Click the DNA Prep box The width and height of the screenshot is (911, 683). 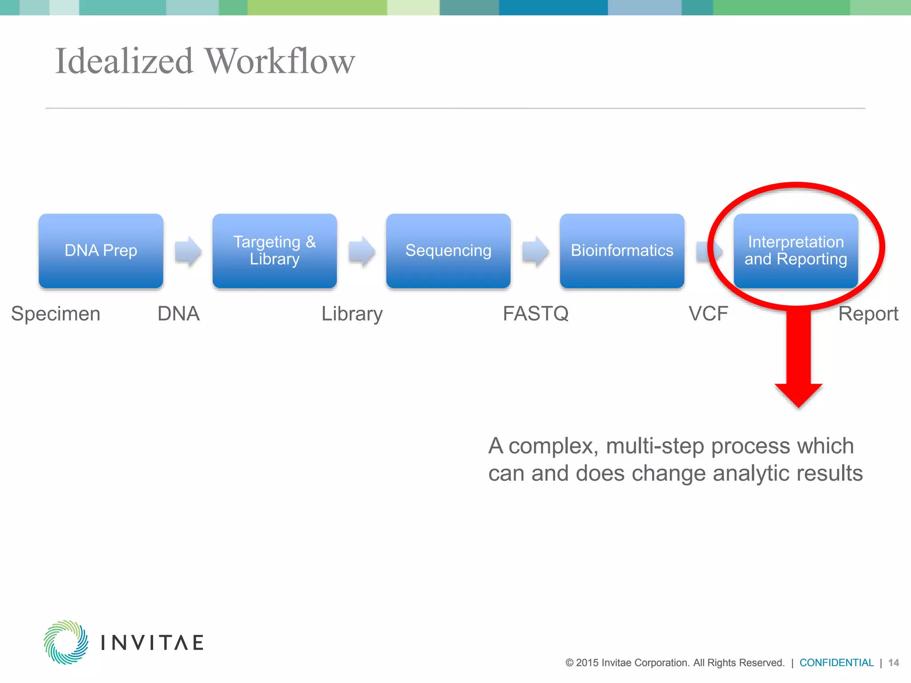[x=101, y=251]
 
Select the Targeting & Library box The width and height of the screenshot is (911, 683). [x=274, y=251]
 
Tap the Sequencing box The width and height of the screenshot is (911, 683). [x=448, y=251]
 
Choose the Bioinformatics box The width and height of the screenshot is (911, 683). [x=622, y=251]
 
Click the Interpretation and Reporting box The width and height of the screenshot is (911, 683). [x=795, y=251]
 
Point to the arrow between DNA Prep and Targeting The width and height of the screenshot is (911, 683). [x=188, y=251]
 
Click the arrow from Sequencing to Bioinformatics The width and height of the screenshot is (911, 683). [x=536, y=251]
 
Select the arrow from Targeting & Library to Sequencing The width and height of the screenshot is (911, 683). [x=362, y=251]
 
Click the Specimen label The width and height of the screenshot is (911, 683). [x=56, y=314]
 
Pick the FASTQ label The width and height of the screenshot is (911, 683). [x=536, y=314]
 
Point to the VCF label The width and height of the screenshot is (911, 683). [x=708, y=314]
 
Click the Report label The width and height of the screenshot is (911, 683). [x=868, y=314]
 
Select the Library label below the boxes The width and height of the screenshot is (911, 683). [x=352, y=314]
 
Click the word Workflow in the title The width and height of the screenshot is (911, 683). [x=280, y=61]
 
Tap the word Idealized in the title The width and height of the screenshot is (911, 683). [x=124, y=61]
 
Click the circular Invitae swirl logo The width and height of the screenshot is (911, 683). [x=66, y=642]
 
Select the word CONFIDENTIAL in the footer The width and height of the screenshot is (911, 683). [x=836, y=663]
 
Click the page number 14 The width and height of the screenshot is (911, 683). [x=893, y=663]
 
